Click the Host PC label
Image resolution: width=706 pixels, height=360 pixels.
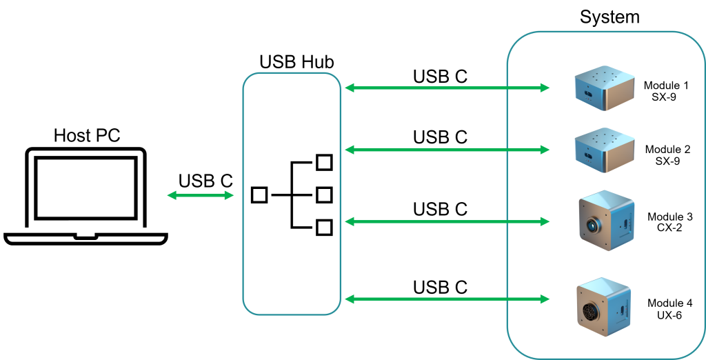87,135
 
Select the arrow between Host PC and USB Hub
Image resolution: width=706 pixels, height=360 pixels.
201,195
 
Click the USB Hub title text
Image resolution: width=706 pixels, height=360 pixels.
296,62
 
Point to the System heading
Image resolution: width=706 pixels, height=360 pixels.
609,17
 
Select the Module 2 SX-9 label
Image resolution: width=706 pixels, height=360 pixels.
667,155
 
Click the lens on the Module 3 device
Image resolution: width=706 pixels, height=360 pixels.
591,224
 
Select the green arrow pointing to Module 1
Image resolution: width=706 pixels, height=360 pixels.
447,88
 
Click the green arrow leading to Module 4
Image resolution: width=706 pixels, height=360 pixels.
447,299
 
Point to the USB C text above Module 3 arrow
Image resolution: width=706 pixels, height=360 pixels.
441,209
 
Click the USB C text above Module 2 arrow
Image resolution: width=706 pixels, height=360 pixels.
441,137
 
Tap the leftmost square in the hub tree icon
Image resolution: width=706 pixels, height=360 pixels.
259,195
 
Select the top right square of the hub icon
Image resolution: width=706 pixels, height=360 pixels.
324,162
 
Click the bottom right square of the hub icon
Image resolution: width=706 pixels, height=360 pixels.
324,228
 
